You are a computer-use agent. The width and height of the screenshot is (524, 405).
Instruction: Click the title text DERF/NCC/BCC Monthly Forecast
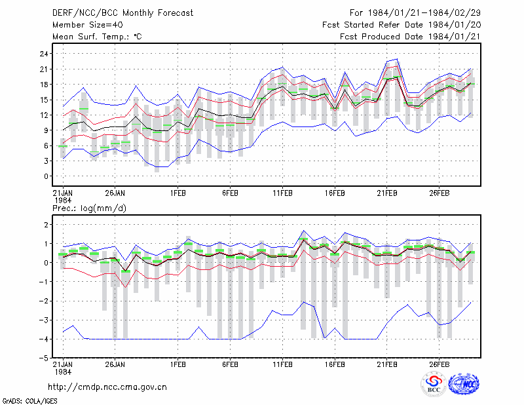(x=122, y=13)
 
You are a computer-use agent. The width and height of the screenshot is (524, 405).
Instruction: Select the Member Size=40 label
(x=88, y=25)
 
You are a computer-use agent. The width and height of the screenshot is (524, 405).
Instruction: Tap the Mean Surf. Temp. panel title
(x=97, y=37)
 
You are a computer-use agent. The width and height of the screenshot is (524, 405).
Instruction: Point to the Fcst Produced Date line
(x=410, y=37)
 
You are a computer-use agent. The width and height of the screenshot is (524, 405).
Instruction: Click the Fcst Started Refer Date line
(x=402, y=25)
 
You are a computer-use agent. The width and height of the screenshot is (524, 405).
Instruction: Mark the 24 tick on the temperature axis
(x=44, y=54)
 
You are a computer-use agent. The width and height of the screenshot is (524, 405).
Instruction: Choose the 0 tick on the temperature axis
(x=46, y=176)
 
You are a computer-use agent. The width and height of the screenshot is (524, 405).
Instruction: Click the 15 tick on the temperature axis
(x=44, y=100)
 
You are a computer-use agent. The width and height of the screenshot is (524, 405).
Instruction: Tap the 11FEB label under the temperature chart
(x=282, y=193)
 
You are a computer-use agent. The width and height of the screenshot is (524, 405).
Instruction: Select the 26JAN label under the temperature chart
(x=115, y=193)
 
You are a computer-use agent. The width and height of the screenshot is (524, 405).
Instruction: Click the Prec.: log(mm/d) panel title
(x=89, y=208)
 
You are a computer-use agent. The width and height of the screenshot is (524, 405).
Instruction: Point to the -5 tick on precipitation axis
(x=43, y=358)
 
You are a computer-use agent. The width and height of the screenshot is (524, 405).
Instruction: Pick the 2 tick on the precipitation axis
(x=46, y=225)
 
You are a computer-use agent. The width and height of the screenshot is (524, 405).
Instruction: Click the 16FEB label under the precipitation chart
(x=335, y=364)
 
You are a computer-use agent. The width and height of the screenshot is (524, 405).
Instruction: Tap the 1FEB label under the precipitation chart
(x=178, y=364)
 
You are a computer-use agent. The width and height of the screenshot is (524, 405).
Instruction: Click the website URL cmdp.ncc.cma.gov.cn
(x=107, y=387)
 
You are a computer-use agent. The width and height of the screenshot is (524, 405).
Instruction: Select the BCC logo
(x=434, y=384)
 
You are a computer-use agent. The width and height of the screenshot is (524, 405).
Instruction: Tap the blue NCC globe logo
(x=464, y=384)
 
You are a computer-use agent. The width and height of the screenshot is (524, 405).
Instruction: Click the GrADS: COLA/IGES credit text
(x=30, y=401)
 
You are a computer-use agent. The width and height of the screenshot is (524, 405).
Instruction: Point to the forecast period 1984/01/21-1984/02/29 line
(x=415, y=13)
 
